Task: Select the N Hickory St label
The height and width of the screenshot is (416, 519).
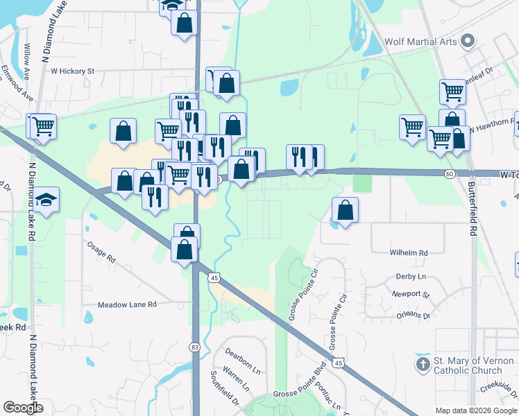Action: pos(67,71)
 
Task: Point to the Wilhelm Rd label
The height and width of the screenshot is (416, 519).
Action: pos(409,253)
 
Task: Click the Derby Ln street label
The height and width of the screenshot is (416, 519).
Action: pos(410,276)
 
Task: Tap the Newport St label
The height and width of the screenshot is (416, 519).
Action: pos(410,294)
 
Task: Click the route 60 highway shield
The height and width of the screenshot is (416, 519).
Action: pos(450,173)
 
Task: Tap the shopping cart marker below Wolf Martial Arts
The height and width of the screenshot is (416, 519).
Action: pos(452,91)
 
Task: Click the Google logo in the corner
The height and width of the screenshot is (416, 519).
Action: pos(23,408)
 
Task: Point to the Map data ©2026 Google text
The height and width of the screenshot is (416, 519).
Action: pos(476,410)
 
